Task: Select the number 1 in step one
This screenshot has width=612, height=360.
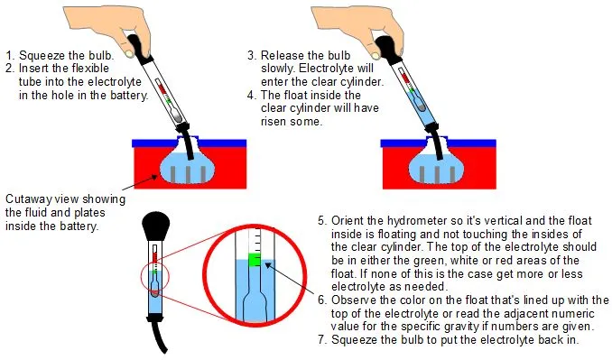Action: [x=10, y=54]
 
